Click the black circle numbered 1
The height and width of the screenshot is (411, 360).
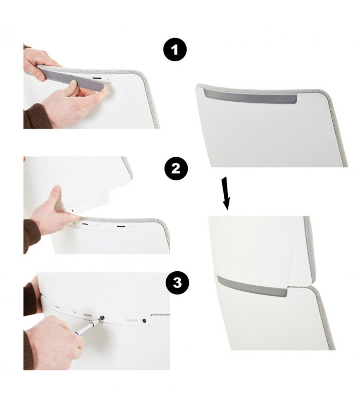[x=175, y=50]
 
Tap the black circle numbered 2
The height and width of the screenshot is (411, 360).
[x=176, y=169]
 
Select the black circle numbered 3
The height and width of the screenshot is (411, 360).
[x=177, y=283]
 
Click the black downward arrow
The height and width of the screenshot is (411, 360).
[x=226, y=194]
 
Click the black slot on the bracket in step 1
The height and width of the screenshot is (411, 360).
[x=97, y=78]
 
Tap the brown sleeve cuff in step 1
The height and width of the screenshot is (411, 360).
[x=37, y=116]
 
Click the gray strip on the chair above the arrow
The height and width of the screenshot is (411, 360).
[x=250, y=97]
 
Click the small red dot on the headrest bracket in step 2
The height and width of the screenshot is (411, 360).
[x=73, y=210]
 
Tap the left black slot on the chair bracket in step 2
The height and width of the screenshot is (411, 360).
[x=85, y=224]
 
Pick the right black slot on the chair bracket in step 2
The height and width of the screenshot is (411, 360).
[x=121, y=226]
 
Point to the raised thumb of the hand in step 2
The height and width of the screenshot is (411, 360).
[x=56, y=195]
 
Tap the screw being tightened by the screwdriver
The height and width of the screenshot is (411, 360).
[x=102, y=318]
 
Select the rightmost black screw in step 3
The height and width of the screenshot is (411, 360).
[x=144, y=320]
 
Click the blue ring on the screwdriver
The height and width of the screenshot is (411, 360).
[x=77, y=333]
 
